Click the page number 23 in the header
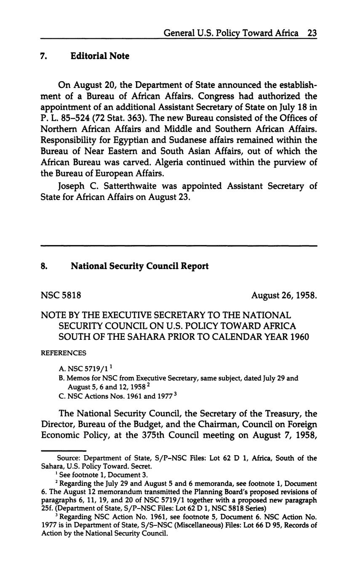(x=312, y=33)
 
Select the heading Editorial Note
(x=100, y=56)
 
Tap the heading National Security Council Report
(x=139, y=266)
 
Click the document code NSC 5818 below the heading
(x=61, y=296)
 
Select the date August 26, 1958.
(x=284, y=296)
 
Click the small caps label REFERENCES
(x=63, y=353)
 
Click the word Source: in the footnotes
(x=69, y=458)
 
